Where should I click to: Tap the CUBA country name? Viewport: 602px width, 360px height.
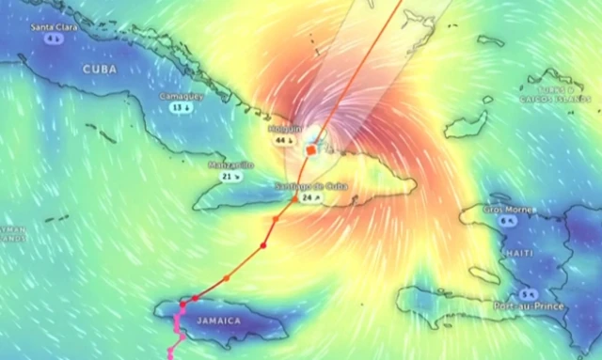100,70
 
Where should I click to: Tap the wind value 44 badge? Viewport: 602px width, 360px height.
282,140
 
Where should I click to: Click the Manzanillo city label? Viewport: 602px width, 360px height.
230,164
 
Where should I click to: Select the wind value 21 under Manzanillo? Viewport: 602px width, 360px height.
230,176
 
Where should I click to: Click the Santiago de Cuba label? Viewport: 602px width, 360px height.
311,186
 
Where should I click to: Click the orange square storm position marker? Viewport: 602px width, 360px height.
311,149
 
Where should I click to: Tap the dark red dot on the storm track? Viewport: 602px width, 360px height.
263,245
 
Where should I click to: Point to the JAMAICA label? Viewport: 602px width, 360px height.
218,321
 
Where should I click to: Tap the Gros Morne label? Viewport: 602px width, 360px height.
507,209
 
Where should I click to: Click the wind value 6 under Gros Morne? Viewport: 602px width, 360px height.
508,220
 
